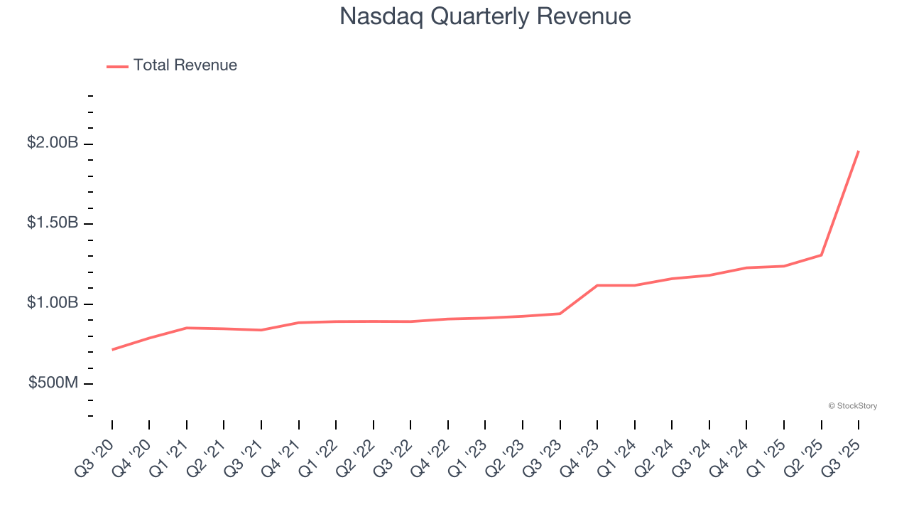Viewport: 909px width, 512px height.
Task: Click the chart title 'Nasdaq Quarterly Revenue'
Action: coord(485,16)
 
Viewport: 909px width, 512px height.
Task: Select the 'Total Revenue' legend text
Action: coord(185,65)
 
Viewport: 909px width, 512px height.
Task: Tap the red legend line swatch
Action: coord(117,66)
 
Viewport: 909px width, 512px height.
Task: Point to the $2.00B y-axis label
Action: coord(53,143)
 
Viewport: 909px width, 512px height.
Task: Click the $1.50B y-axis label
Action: coord(53,223)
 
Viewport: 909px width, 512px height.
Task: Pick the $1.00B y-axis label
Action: coord(53,303)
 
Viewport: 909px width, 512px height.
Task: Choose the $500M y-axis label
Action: coord(53,383)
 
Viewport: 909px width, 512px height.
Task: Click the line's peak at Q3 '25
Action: coord(859,151)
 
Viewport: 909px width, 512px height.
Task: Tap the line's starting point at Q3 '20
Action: coord(112,350)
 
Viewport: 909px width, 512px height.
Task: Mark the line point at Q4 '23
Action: coord(597,285)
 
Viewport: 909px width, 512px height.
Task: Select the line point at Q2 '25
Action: coord(822,255)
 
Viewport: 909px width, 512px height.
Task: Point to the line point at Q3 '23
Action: coord(560,314)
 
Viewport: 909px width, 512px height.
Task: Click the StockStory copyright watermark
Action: coord(852,406)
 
